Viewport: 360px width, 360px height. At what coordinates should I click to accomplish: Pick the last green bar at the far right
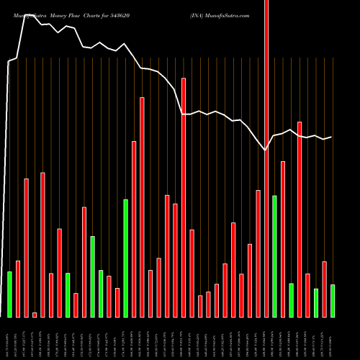[333, 300]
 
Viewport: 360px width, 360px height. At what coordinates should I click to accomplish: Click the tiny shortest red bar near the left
[35, 315]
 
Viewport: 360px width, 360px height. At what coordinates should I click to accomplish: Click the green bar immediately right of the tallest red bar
[274, 256]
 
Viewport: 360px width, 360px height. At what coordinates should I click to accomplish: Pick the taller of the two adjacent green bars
[92, 276]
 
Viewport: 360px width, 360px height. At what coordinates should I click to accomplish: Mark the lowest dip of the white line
[266, 150]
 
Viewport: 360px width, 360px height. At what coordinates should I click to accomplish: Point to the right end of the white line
[331, 137]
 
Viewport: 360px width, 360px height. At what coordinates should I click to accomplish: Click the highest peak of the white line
[26, 13]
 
